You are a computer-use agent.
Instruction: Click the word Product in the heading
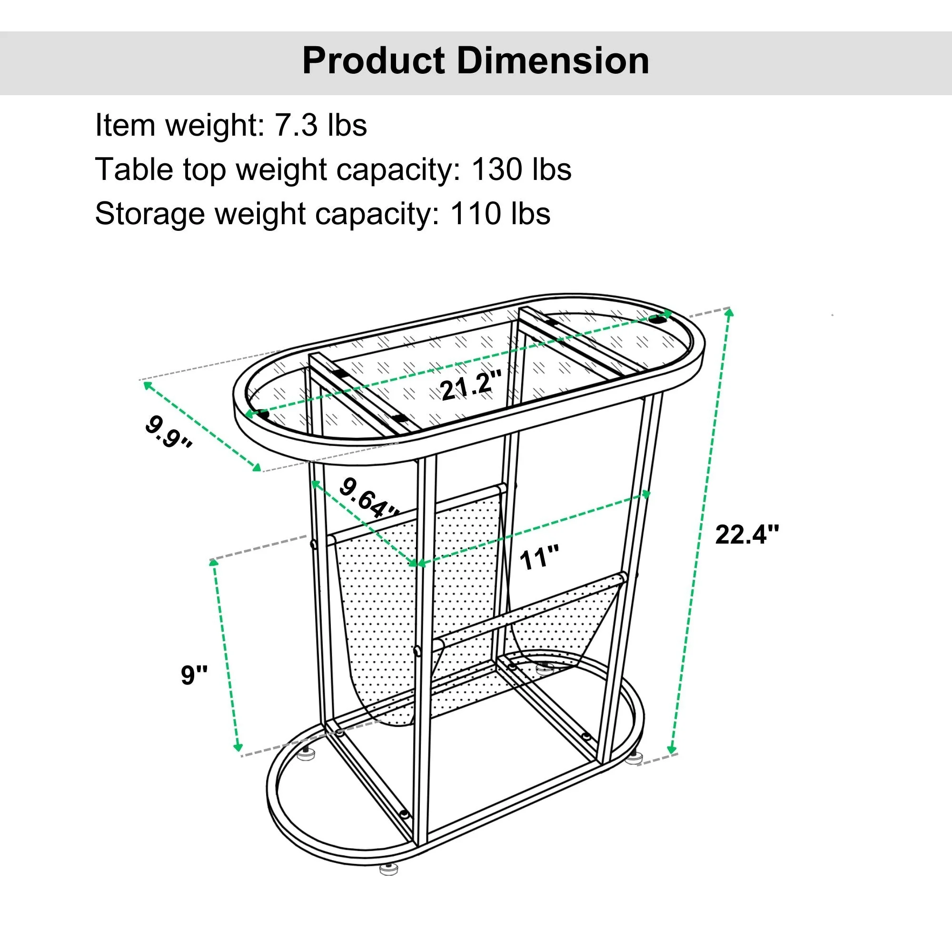click(374, 60)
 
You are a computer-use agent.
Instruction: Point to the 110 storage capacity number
click(475, 214)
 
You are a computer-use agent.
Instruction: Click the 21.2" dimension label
click(471, 386)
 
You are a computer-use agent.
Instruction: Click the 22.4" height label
click(747, 534)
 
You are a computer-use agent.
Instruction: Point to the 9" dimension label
click(194, 674)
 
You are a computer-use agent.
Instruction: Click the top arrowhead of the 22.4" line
click(730, 312)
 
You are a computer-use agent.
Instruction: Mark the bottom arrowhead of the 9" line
click(238, 748)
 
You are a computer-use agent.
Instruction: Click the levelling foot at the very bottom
click(389, 869)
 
